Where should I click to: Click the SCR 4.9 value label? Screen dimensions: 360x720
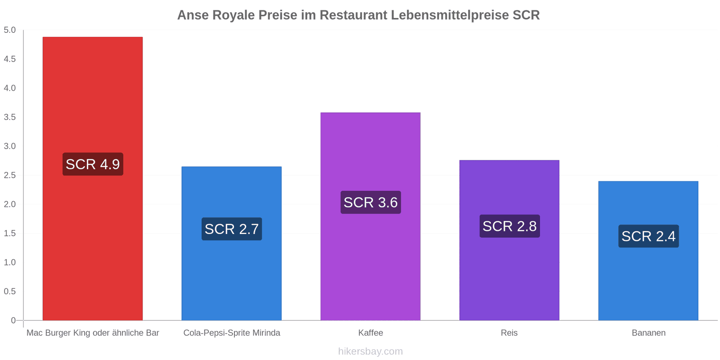(x=93, y=164)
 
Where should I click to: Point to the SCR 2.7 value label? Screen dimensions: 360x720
(x=231, y=229)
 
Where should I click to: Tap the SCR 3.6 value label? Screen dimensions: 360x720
(x=370, y=202)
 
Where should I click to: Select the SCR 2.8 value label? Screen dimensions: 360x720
(x=509, y=226)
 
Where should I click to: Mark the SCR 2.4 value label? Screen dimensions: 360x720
(x=648, y=236)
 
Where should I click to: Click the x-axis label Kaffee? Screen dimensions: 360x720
(x=370, y=333)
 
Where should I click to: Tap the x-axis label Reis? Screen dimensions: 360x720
(x=509, y=333)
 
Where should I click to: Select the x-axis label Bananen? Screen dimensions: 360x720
(x=648, y=333)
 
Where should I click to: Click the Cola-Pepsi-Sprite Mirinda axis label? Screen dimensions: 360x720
(x=231, y=333)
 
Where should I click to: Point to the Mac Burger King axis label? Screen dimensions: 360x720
(x=93, y=333)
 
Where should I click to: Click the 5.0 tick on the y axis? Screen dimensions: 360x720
(x=9, y=30)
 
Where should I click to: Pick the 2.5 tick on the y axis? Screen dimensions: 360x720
(x=9, y=175)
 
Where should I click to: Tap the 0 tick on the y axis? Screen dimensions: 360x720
(x=13, y=320)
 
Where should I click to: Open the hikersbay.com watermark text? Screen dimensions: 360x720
(x=370, y=351)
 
